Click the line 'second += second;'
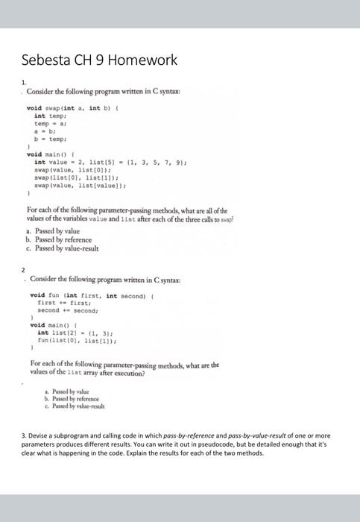(x=66, y=311)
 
